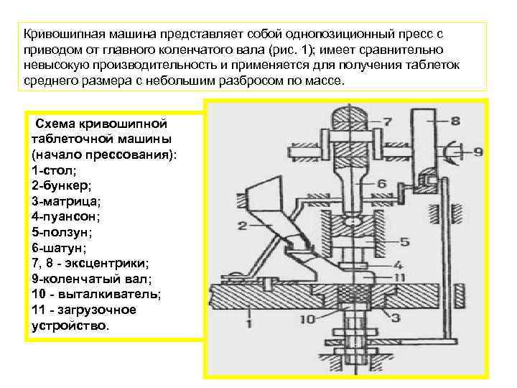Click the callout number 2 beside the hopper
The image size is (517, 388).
tap(243, 226)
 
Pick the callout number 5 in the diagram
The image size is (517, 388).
tap(405, 241)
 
